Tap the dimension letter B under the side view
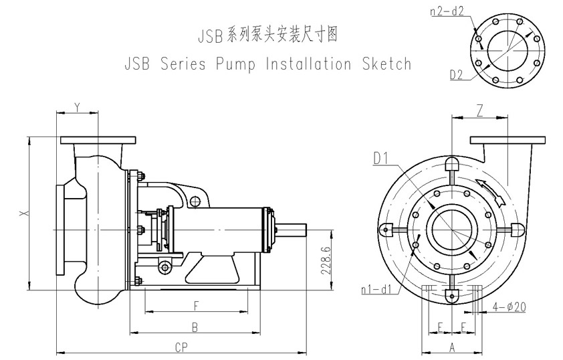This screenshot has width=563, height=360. [x=195, y=327]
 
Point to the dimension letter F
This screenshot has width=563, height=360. [x=196, y=306]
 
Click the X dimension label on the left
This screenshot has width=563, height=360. [x=24, y=213]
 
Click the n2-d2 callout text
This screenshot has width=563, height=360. [x=447, y=11]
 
